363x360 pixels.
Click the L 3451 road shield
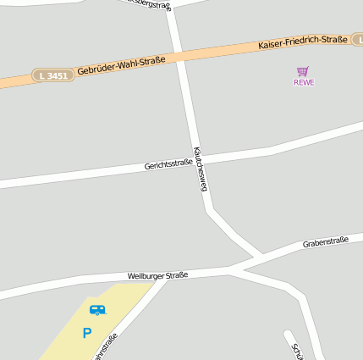(x=50, y=75)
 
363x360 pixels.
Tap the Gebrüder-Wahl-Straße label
(x=120, y=65)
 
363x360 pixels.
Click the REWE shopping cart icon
(x=303, y=71)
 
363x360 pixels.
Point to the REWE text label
(x=304, y=82)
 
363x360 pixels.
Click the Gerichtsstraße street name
(x=168, y=163)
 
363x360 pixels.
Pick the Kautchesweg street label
(x=201, y=168)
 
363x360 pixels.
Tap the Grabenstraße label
(x=326, y=242)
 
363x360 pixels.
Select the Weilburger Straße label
(x=157, y=275)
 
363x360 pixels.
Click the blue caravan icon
(x=98, y=310)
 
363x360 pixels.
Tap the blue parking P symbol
(x=86, y=334)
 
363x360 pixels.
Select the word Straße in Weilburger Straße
(x=176, y=274)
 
